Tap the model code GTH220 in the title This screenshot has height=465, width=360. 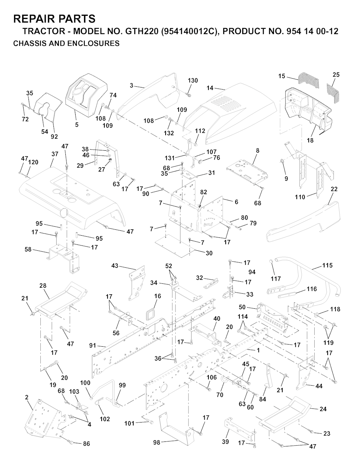point(140,31)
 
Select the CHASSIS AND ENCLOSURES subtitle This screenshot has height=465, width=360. point(66,44)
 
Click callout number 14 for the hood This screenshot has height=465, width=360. point(210,88)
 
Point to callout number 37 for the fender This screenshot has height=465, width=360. point(54,154)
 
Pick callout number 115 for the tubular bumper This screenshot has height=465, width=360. point(327,266)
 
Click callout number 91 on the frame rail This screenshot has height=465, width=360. point(92,346)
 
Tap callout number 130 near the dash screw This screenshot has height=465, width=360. point(193,80)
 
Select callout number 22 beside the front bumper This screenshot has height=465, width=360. point(334,189)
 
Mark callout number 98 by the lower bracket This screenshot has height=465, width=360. point(156,443)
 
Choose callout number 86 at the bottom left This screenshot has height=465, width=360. point(86,444)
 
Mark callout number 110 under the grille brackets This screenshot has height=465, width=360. point(300,197)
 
